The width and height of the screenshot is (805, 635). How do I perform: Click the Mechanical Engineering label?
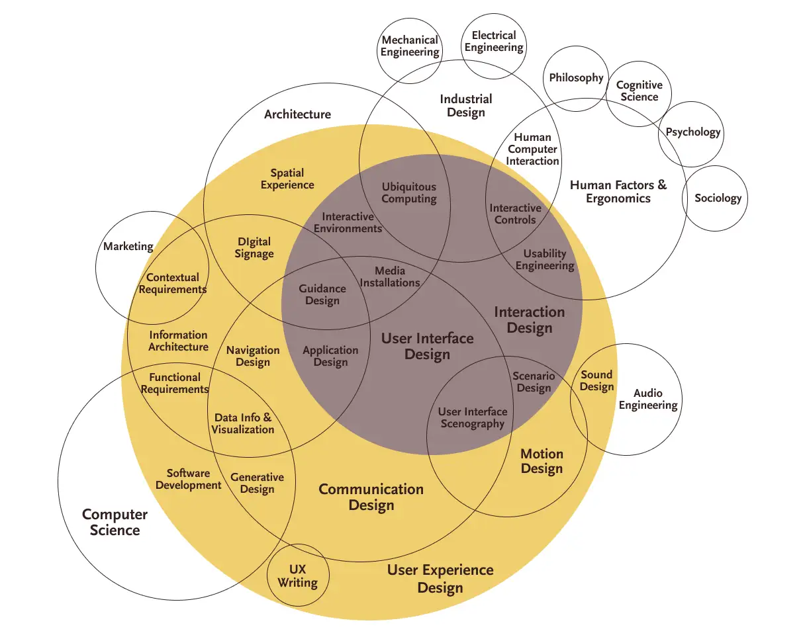[410, 46]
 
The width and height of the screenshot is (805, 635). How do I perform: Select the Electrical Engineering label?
[494, 41]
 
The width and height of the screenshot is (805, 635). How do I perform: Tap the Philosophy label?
[577, 78]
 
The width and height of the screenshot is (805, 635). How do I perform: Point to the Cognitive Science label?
[639, 91]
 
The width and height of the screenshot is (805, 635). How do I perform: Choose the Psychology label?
[692, 132]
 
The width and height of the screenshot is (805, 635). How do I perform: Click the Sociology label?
[718, 198]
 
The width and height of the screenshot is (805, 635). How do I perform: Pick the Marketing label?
[128, 246]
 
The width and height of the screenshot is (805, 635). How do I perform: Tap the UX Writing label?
[297, 576]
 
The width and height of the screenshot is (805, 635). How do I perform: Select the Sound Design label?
[597, 380]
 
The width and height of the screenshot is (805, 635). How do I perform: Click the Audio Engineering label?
[648, 399]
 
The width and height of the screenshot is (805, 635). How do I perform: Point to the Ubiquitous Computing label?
[409, 192]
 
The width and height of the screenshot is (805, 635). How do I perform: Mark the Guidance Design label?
[322, 294]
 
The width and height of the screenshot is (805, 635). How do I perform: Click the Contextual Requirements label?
[173, 283]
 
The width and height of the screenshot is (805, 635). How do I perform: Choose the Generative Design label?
[257, 483]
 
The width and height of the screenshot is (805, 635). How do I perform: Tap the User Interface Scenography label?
[473, 417]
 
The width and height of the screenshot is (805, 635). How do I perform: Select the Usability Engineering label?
[545, 259]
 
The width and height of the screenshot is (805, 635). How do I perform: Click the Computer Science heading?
[115, 522]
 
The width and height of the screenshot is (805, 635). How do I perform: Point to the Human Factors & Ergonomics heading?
[618, 192]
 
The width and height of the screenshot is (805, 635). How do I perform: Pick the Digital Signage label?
[254, 247]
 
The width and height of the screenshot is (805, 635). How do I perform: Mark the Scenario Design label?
[534, 382]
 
